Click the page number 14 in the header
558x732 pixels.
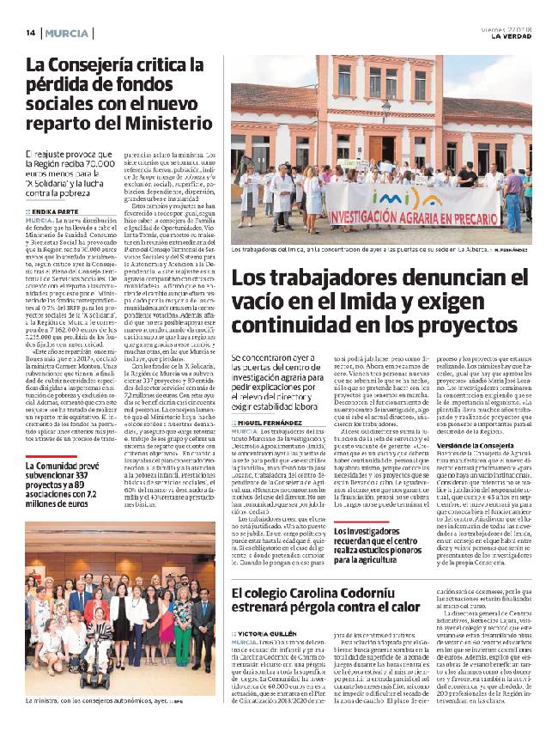29,33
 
